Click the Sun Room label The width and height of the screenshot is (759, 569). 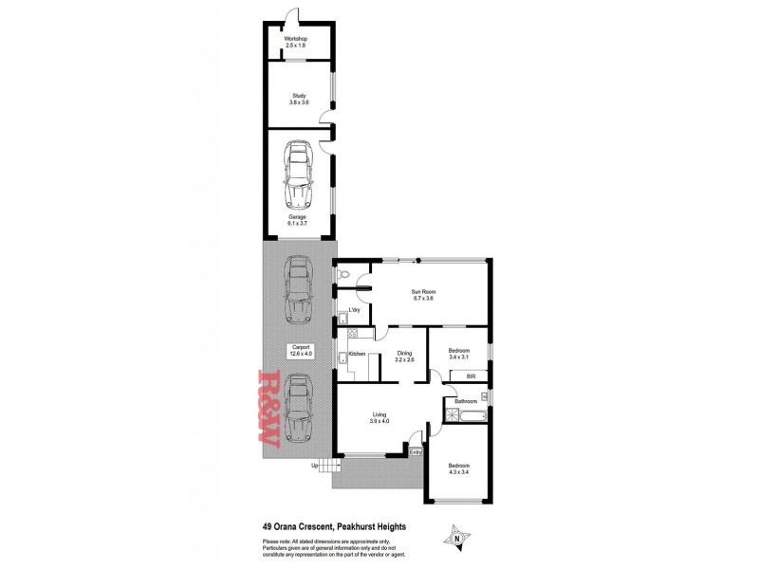(421, 295)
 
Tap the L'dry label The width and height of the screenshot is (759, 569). (354, 310)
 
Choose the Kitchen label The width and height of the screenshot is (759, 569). (358, 354)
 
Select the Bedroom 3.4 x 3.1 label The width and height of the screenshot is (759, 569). (458, 354)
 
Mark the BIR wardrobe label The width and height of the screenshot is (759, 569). (471, 376)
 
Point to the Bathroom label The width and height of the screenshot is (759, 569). (465, 401)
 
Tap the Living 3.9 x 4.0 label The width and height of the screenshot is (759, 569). (379, 417)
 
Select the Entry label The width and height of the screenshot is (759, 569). (415, 451)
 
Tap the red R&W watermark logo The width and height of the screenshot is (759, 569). (265, 409)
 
